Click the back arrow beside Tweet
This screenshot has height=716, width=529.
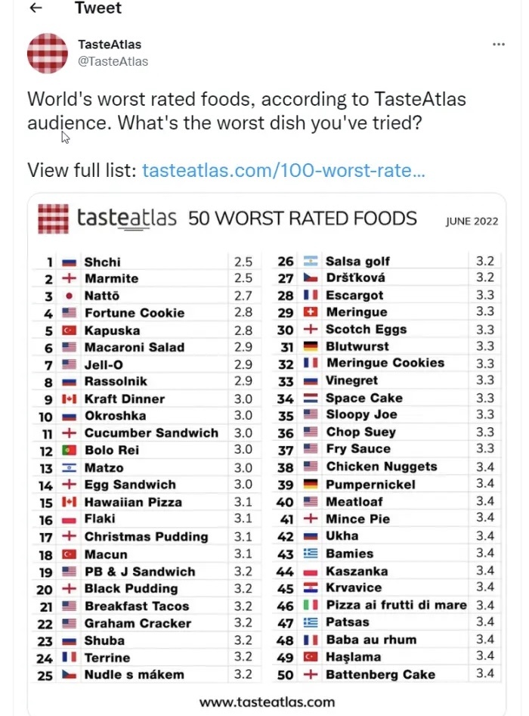coord(35,8)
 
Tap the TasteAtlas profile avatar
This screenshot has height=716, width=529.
coord(47,53)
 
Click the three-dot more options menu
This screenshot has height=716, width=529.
coord(498,45)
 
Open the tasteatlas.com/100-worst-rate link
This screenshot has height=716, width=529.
coord(283,170)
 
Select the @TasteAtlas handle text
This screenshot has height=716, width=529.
coord(113,61)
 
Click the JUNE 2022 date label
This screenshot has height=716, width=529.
coord(472,222)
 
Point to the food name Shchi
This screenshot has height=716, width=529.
coord(102,262)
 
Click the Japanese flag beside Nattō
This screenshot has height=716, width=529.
coord(69,296)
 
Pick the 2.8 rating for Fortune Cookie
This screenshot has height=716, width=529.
coord(243,313)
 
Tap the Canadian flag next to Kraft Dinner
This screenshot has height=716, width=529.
coord(69,399)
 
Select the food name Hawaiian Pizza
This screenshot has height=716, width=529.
coord(133,502)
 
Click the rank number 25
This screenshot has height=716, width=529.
coord(45,675)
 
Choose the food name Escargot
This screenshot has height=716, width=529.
coord(354,296)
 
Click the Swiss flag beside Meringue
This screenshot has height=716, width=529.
coord(310,312)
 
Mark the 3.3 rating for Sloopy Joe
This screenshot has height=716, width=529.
coord(485,415)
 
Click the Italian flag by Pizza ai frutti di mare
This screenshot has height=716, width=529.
coord(310,605)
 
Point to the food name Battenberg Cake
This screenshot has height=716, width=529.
coord(380,674)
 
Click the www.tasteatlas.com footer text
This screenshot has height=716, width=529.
coord(266,702)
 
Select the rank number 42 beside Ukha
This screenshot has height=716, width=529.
coord(285,536)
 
